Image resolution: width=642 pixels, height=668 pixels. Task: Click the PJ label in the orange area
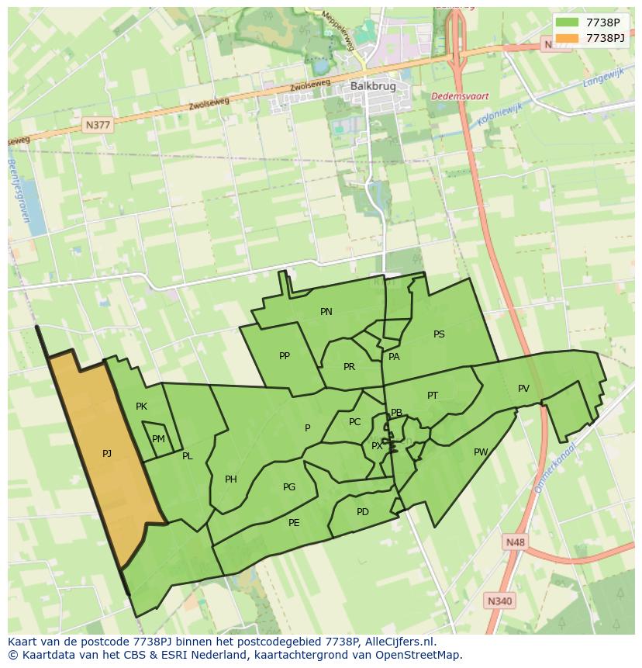click(107, 453)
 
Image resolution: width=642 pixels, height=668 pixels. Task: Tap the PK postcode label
click(141, 406)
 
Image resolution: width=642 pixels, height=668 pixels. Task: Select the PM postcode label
click(158, 439)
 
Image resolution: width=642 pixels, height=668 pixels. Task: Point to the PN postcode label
click(326, 312)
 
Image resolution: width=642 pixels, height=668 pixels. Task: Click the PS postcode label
click(439, 334)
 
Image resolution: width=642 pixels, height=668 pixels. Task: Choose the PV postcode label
click(523, 389)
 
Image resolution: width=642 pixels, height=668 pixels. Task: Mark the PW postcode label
click(481, 452)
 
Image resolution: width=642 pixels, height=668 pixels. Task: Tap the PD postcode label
click(363, 512)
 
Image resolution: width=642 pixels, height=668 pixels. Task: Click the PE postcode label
click(294, 523)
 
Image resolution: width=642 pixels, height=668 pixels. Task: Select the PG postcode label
click(289, 487)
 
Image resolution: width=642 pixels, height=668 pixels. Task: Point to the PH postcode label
click(231, 479)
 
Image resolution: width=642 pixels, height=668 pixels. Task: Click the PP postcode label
click(285, 356)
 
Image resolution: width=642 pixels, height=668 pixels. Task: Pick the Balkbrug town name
click(367, 86)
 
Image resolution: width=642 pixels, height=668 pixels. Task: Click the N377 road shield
click(98, 124)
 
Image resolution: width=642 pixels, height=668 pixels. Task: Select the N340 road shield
click(499, 601)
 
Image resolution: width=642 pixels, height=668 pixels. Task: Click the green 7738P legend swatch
click(567, 22)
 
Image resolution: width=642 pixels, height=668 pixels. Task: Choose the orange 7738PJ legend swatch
click(567, 38)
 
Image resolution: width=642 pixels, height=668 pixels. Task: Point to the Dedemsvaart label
click(460, 96)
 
